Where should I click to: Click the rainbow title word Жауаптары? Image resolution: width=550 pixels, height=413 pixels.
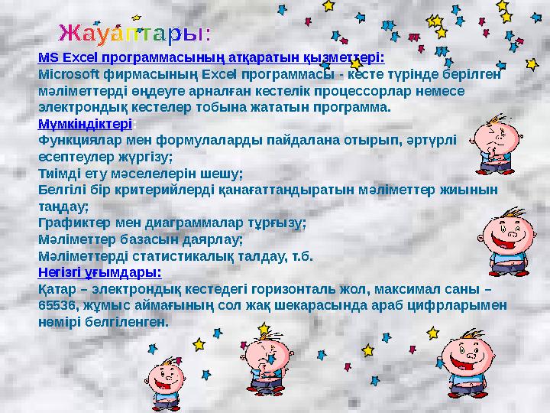[136, 33]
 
